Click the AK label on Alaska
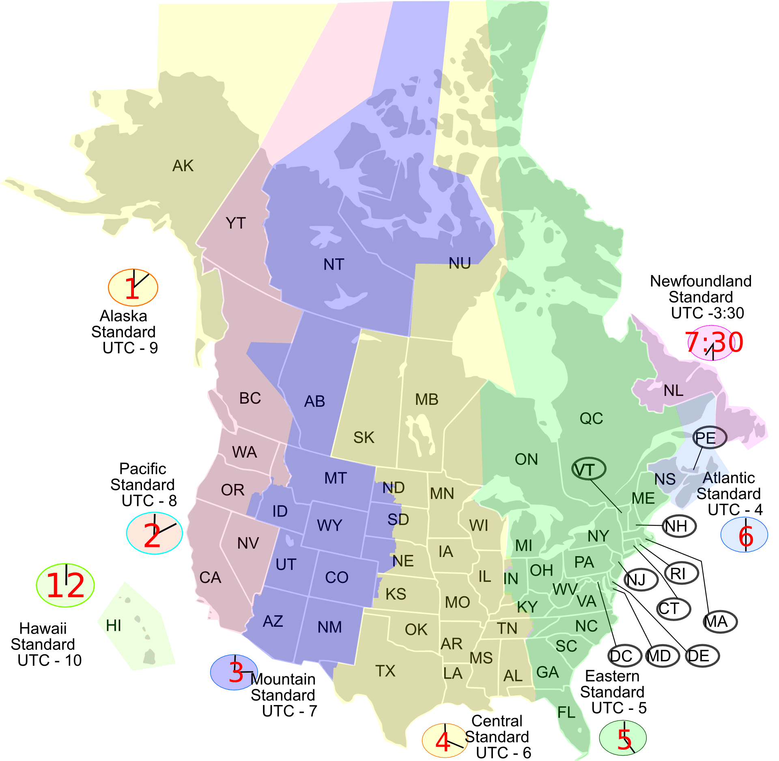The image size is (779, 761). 183,166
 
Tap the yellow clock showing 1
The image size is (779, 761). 133,288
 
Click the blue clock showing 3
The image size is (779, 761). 234,672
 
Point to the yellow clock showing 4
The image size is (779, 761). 445,740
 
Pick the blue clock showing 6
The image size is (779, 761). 745,535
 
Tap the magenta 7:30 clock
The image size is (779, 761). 714,342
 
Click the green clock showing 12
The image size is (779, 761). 65,585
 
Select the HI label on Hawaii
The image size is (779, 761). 114,626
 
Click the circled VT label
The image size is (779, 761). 589,469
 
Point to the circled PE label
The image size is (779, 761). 709,437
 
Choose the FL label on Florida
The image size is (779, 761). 566,712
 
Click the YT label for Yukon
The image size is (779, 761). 236,223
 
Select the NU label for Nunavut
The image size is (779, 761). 460,263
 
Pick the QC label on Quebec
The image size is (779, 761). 591,418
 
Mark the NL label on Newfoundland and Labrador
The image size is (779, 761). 674,391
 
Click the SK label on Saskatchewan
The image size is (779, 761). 364,437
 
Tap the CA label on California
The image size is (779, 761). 210,577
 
